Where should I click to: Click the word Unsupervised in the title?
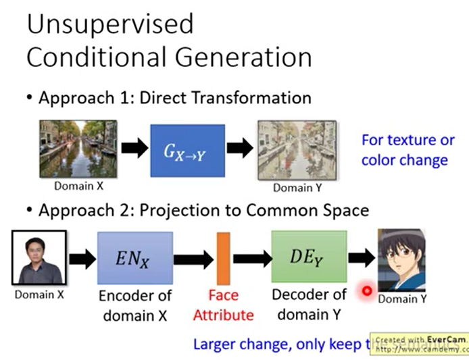click(x=109, y=24)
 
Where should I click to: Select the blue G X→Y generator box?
click(x=187, y=150)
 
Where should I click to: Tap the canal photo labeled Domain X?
click(x=78, y=149)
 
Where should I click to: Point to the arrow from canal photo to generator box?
click(x=134, y=149)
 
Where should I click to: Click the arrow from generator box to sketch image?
click(x=240, y=149)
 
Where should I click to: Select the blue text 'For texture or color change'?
click(x=407, y=151)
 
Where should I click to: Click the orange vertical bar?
click(x=224, y=257)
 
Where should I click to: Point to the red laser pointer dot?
click(x=367, y=291)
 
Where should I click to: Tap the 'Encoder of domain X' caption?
click(x=135, y=305)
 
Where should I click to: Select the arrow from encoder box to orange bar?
click(x=193, y=258)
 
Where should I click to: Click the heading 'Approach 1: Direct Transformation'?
click(x=174, y=98)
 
